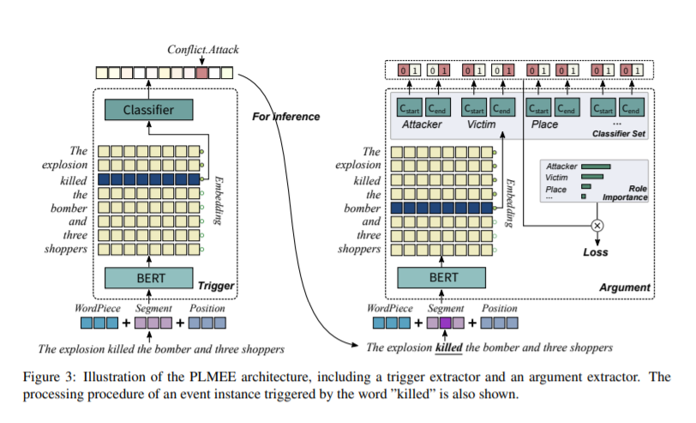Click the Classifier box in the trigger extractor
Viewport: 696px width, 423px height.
[149, 110]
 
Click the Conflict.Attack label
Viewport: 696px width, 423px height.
[202, 51]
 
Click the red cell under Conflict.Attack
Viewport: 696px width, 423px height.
[201, 73]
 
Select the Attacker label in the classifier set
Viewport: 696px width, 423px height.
[424, 125]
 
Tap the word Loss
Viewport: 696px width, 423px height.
[595, 252]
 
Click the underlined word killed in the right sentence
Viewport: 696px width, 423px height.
[450, 347]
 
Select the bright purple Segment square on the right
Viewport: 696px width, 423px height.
[447, 323]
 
